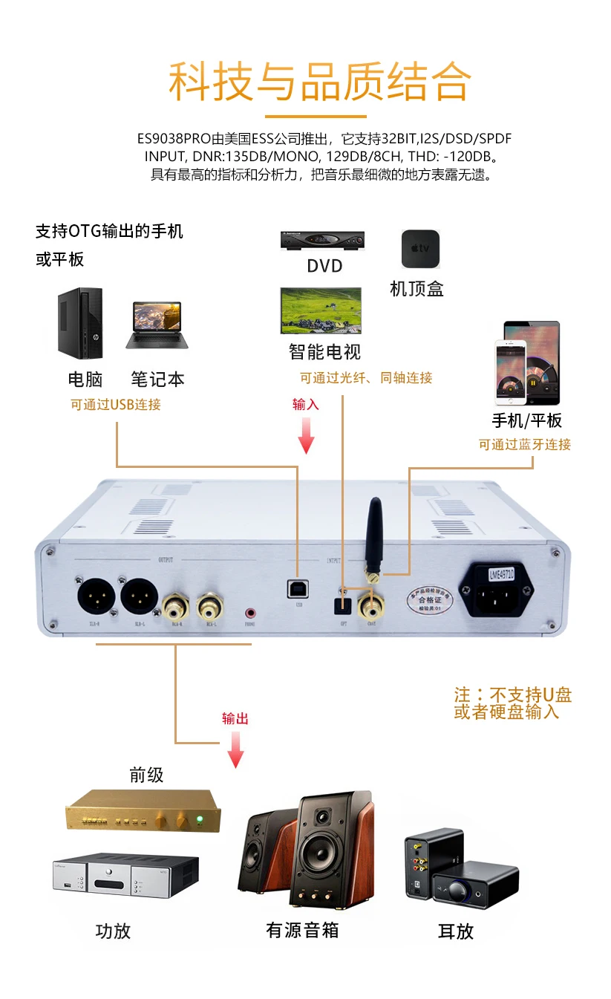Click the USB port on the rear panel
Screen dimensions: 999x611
pyautogui.click(x=297, y=588)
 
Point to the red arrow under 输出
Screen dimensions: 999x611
pyautogui.click(x=235, y=749)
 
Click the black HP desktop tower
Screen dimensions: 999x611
pyautogui.click(x=81, y=324)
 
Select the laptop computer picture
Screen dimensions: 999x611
pyautogui.click(x=157, y=325)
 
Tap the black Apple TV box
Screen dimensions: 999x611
pyautogui.click(x=420, y=249)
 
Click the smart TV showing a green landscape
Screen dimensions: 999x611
pyautogui.click(x=320, y=310)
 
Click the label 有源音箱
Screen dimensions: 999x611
pyautogui.click(x=301, y=930)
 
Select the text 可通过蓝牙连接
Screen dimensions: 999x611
pyautogui.click(x=525, y=444)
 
